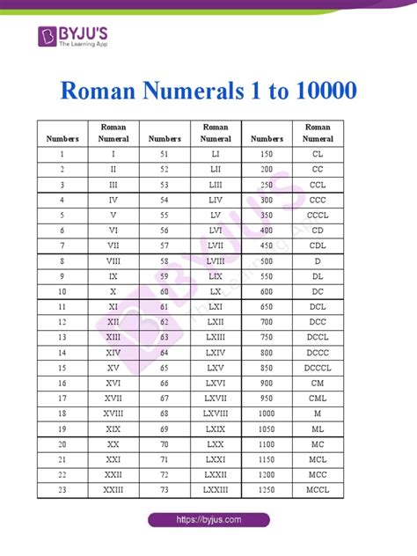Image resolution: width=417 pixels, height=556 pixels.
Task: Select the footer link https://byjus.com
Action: click(208, 519)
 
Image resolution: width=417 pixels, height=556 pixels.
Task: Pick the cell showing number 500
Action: click(267, 261)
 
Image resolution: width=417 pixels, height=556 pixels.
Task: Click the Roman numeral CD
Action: click(318, 230)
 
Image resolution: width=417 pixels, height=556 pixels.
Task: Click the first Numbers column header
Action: click(63, 138)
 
